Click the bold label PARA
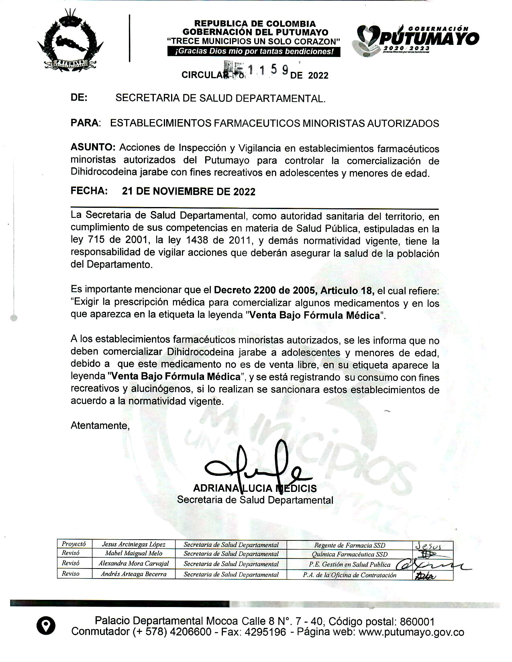(85, 123)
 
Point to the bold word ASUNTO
(93, 148)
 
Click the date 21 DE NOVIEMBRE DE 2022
(188, 191)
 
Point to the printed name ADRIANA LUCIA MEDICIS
(255, 488)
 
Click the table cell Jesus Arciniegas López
(133, 544)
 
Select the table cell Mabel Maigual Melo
(133, 554)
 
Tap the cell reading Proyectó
(73, 544)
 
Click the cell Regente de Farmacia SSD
(349, 545)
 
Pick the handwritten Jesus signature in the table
(428, 546)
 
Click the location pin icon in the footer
(45, 626)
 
